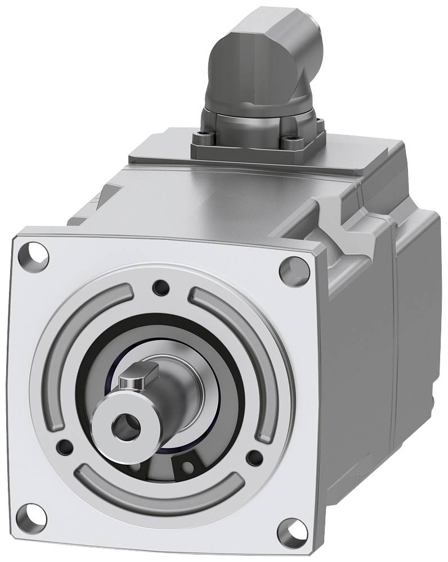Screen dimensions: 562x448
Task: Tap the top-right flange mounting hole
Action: (x=294, y=270)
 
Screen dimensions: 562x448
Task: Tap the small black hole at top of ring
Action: (x=161, y=288)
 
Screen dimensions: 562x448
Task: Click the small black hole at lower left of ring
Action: (x=66, y=447)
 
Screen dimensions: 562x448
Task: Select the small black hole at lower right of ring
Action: (x=254, y=456)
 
